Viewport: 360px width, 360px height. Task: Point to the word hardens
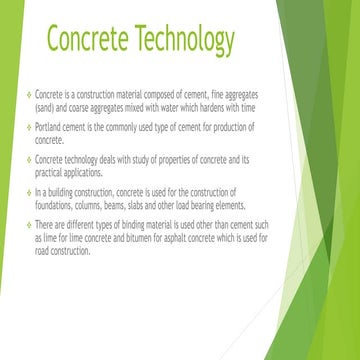pos(224,102)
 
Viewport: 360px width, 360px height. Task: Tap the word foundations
pos(54,203)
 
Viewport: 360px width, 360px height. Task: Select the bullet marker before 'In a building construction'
pos(28,192)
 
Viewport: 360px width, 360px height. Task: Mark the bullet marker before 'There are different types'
pos(28,226)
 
